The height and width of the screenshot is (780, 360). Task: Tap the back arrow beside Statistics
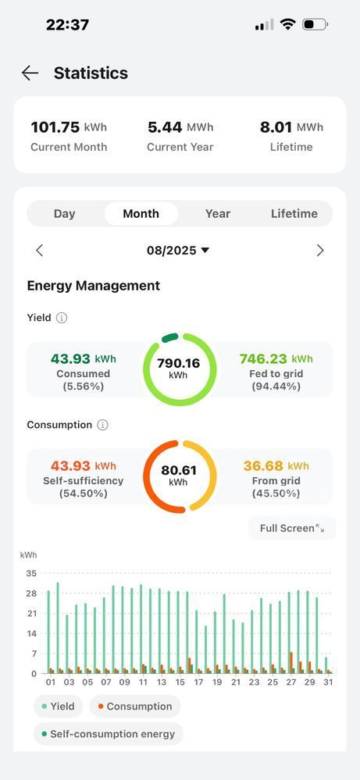pyautogui.click(x=30, y=73)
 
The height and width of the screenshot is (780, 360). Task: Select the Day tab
pyautogui.click(x=64, y=213)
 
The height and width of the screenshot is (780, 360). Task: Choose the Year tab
pyautogui.click(x=218, y=213)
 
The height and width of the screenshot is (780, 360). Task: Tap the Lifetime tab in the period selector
pyautogui.click(x=294, y=213)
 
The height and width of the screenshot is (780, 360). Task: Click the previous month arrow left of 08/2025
pyautogui.click(x=39, y=250)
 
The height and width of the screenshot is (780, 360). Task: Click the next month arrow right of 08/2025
pyautogui.click(x=320, y=250)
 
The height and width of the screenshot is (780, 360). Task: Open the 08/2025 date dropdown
pyautogui.click(x=178, y=250)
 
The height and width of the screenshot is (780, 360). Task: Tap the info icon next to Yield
pyautogui.click(x=61, y=318)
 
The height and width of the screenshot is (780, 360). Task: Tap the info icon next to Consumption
pyautogui.click(x=102, y=425)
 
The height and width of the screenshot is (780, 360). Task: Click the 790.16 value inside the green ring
pyautogui.click(x=179, y=363)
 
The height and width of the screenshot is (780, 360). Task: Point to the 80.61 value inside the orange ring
pyautogui.click(x=179, y=470)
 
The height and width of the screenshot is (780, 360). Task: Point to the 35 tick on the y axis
pyautogui.click(x=31, y=574)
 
